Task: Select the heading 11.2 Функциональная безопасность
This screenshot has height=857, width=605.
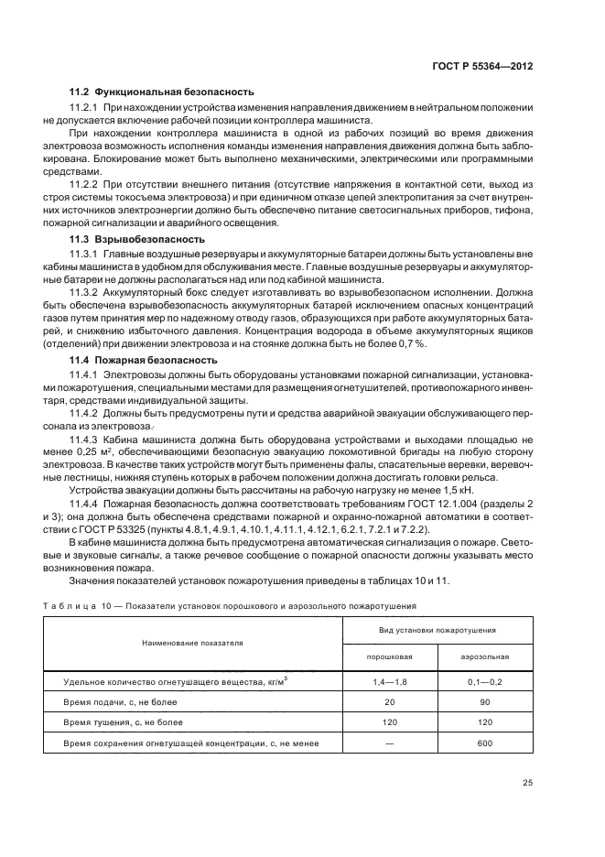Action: (162, 92)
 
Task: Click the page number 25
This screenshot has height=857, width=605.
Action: (526, 782)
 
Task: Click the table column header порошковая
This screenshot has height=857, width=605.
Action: (390, 656)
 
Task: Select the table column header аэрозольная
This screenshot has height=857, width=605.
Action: (485, 656)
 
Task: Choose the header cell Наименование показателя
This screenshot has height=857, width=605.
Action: (192, 643)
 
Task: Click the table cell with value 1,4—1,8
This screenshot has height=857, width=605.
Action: (390, 682)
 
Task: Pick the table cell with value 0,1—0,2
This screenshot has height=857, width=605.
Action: (485, 682)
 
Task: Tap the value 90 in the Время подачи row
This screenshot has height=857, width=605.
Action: (485, 702)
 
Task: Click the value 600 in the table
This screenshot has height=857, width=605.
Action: (485, 743)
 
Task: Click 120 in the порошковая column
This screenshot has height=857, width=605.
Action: (390, 722)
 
